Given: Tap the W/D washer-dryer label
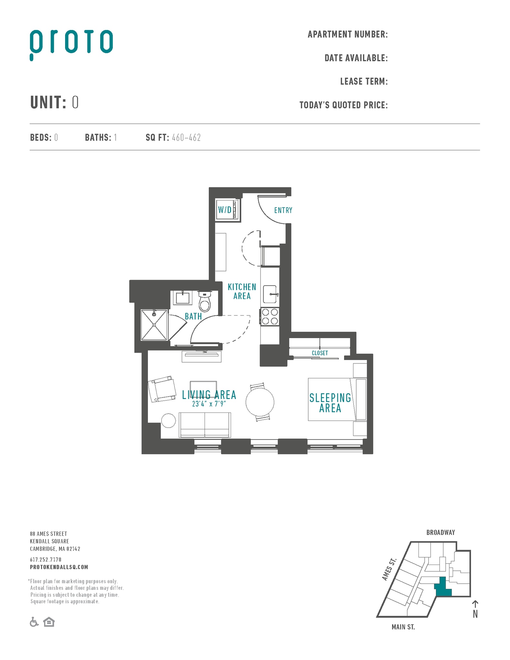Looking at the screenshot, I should (225, 210).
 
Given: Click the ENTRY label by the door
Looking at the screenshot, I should (283, 210).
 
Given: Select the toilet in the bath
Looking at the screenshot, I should (204, 301).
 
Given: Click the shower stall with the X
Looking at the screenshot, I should (154, 325).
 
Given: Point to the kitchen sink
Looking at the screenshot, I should (270, 294).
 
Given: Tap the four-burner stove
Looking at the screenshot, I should (270, 316).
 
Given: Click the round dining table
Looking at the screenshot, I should (260, 402).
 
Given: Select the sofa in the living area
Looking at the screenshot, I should (205, 425).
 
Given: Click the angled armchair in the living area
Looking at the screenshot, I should (162, 389).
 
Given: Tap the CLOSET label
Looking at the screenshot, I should (320, 353).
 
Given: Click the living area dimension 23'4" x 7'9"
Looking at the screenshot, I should (209, 404).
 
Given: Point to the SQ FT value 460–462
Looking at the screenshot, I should (186, 138).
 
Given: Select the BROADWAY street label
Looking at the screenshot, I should (440, 533).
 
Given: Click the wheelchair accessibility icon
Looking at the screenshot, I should (34, 622).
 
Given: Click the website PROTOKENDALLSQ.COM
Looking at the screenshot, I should (59, 567).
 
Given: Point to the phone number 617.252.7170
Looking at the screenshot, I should (45, 559).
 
